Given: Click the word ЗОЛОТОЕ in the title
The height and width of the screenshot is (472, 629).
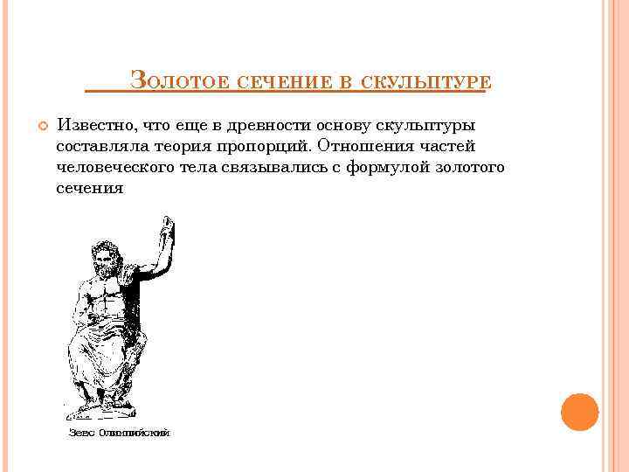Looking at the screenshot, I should point(180,81).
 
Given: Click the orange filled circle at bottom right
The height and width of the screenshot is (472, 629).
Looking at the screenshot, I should point(579,412).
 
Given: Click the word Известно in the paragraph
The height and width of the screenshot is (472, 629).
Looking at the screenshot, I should point(93,125).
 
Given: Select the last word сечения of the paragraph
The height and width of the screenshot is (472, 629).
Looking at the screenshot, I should point(89,188).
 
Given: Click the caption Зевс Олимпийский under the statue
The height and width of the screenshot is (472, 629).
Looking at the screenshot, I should point(119,433).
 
